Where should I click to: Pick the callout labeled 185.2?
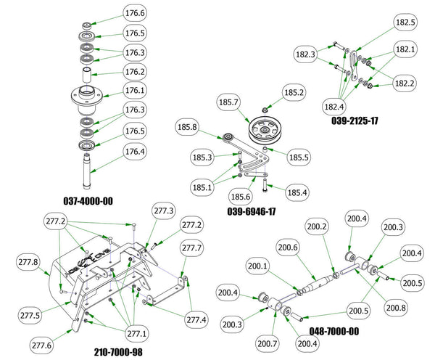point(294,94)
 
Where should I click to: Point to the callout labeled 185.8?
point(187,128)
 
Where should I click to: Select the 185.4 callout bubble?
point(297,194)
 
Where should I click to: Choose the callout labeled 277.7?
point(192,249)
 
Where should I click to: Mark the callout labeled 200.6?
point(287,248)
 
